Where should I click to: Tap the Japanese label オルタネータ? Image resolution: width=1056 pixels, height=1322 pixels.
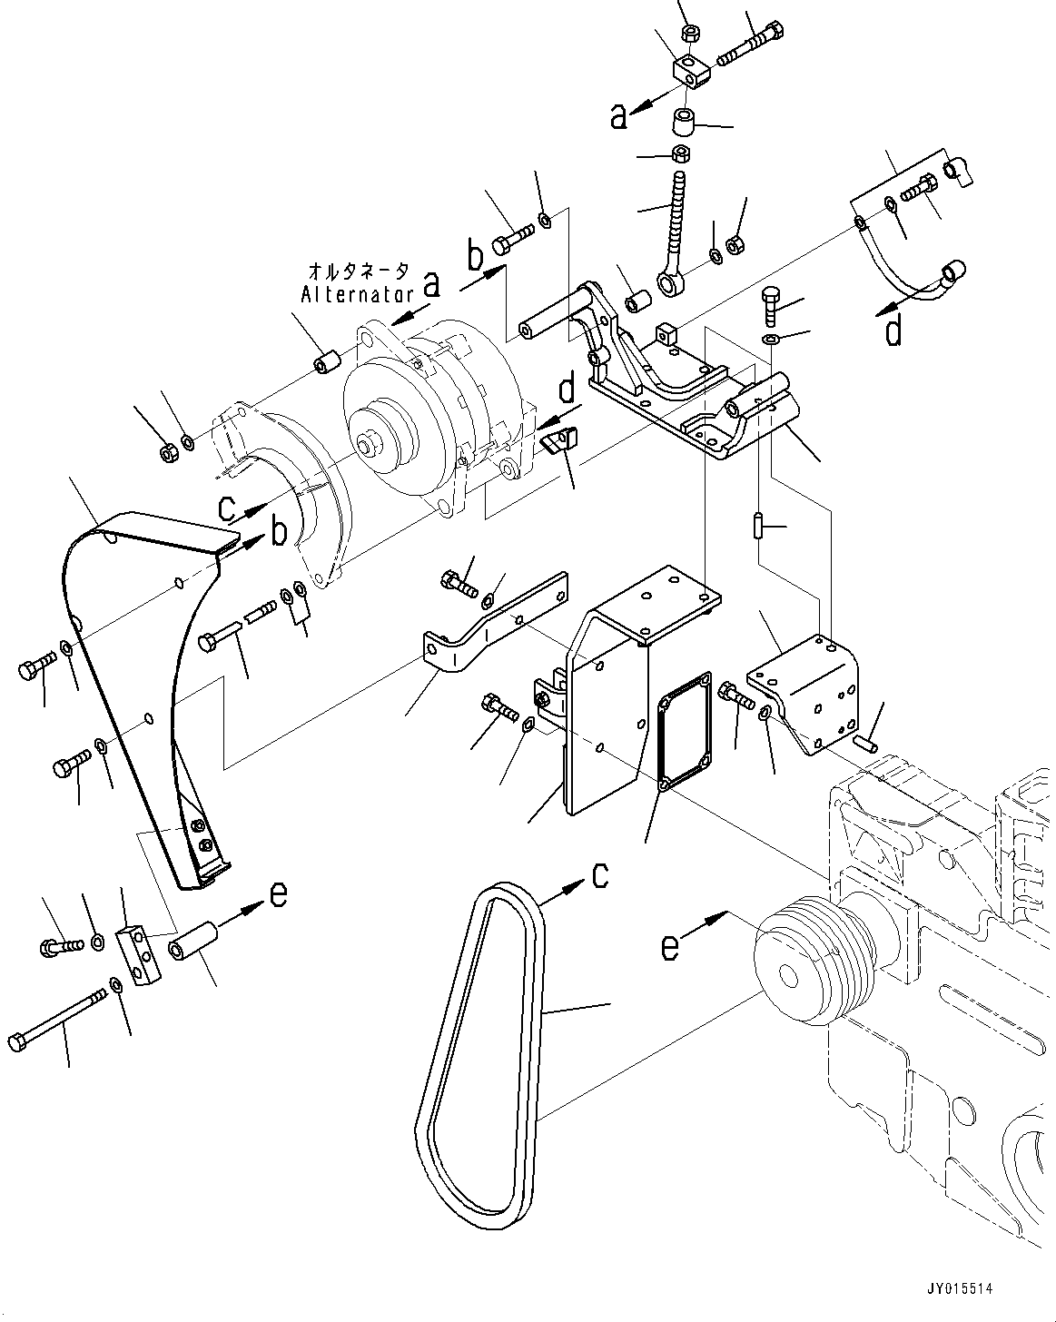point(359,271)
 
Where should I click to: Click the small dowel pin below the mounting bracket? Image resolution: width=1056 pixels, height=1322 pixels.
point(756,526)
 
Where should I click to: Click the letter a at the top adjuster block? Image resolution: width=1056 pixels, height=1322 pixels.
point(619,116)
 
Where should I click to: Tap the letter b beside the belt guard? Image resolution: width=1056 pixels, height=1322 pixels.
point(280,532)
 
